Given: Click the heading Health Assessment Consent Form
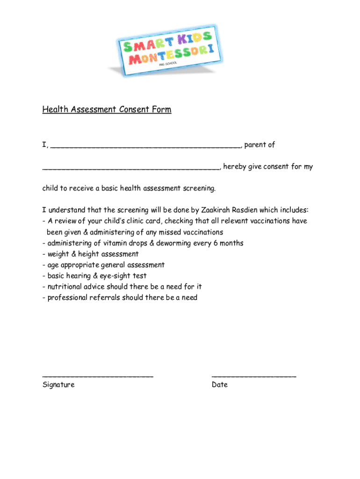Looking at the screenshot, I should click(107, 109).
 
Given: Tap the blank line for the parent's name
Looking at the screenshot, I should click(145, 146).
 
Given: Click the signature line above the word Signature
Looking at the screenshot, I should click(98, 376).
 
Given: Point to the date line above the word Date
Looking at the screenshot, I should click(253, 376).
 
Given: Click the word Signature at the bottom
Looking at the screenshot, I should click(58, 385).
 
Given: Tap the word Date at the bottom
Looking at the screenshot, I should click(219, 385).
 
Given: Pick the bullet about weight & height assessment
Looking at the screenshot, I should click(92, 254).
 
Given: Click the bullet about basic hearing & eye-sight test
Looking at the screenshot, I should click(96, 276).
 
